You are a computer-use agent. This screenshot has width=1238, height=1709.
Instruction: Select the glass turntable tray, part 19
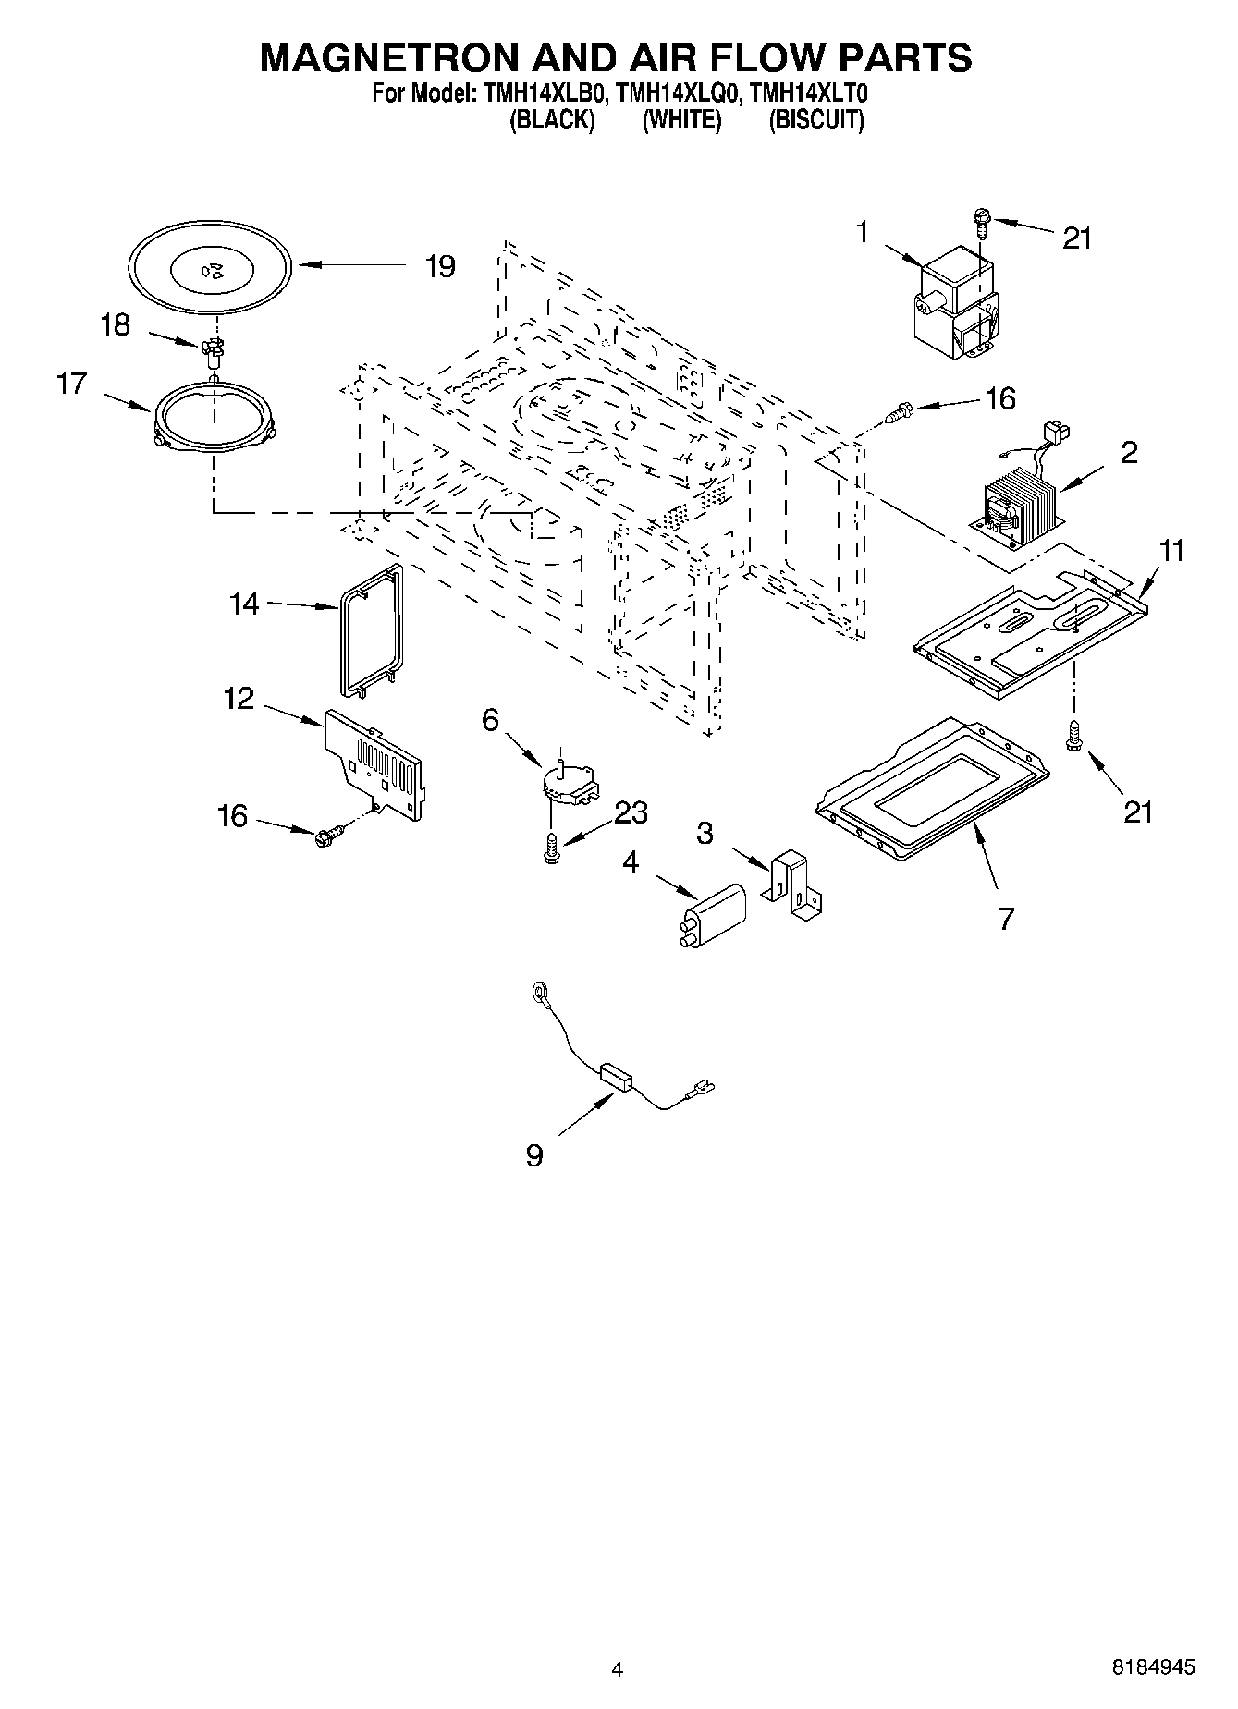212,269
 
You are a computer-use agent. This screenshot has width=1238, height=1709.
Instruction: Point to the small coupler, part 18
214,349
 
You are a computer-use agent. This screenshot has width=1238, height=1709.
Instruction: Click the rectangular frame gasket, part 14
369,629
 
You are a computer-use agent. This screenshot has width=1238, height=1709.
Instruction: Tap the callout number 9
533,1154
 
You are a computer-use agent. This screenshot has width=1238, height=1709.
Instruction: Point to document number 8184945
1153,1666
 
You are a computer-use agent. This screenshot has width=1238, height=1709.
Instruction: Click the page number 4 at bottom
618,1668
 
